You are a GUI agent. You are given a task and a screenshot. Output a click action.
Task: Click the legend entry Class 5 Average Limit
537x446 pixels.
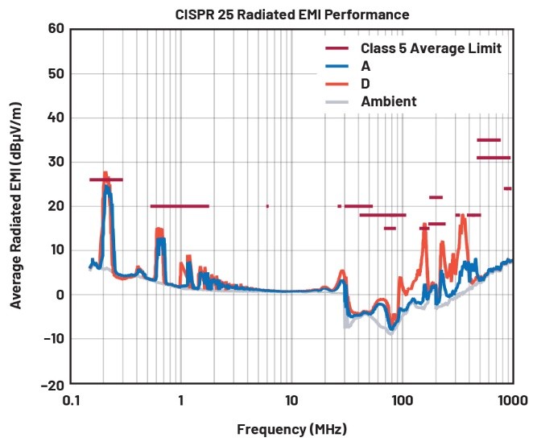point(432,49)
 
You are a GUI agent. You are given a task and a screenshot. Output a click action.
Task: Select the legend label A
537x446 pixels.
point(366,66)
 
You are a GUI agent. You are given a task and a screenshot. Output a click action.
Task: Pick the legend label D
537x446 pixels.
point(366,84)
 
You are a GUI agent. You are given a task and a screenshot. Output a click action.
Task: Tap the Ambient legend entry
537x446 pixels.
point(389,101)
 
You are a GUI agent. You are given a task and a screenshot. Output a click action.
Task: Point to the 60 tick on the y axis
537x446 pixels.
point(55,30)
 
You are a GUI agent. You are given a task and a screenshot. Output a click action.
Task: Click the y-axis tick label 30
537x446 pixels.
point(55,162)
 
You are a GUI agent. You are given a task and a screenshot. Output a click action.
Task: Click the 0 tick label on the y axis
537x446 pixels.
point(59,295)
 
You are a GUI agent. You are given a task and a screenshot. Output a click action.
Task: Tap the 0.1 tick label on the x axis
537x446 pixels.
point(71,400)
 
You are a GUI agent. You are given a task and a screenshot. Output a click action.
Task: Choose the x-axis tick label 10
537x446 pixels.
point(291,400)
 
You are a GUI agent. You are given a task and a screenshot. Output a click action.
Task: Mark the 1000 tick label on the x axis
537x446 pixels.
point(510,400)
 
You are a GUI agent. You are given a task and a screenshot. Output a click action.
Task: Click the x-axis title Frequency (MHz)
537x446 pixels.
point(291,429)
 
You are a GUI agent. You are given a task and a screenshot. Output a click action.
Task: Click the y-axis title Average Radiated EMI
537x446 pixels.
point(15,207)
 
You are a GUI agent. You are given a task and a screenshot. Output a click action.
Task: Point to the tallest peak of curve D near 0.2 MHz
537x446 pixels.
point(105,172)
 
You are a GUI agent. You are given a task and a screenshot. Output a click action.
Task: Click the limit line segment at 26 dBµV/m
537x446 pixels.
point(106,180)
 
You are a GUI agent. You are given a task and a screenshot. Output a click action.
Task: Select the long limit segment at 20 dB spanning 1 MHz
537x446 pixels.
point(180,206)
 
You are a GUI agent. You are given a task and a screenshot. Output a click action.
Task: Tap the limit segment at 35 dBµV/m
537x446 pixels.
point(489,140)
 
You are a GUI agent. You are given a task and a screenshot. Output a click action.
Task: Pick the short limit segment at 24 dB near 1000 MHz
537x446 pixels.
point(507,188)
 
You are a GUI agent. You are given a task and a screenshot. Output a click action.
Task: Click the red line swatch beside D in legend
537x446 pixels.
point(337,84)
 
